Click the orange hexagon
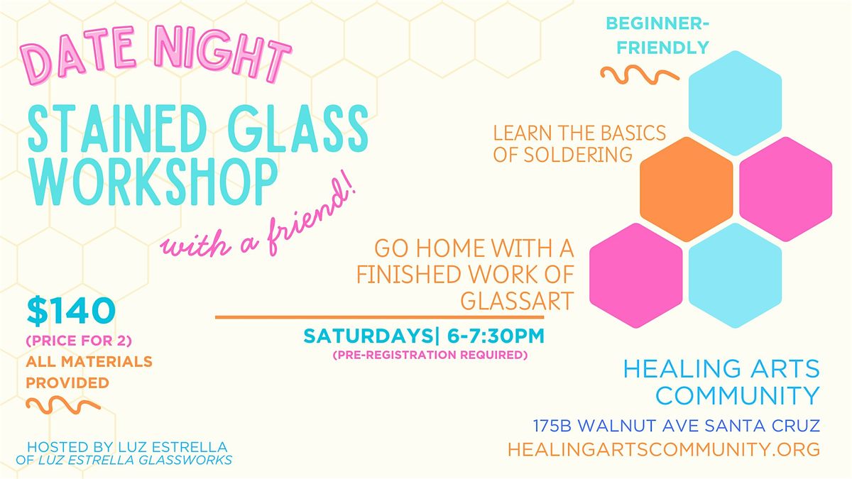[686, 189]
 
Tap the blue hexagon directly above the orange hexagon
[735, 103]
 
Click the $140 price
[70, 309]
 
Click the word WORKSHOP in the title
[153, 181]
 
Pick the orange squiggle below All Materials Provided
[62, 405]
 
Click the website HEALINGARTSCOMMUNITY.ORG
[664, 449]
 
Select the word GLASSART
[517, 300]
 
